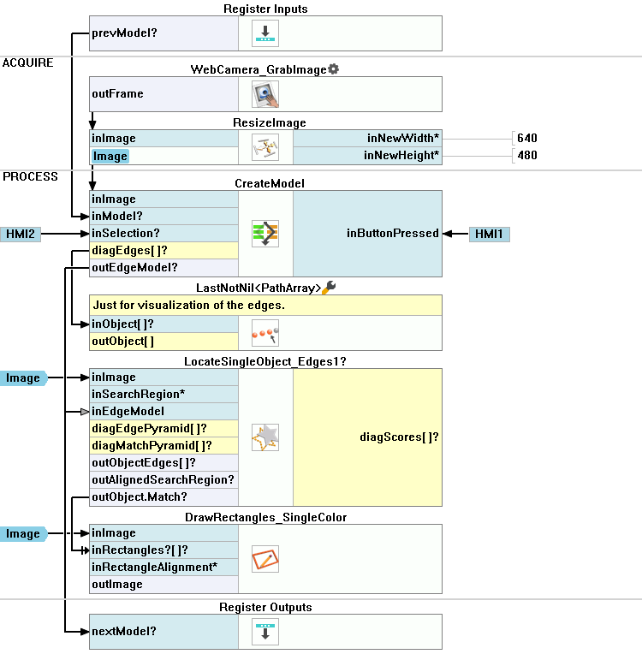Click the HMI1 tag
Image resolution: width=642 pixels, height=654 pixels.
pos(490,234)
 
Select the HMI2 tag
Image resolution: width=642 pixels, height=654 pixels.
pos(20,234)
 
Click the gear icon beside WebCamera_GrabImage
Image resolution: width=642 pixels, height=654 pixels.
pos(334,68)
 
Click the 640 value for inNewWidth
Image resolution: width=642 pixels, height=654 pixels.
pos(527,138)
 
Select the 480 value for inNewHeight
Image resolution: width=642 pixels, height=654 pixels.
pos(527,155)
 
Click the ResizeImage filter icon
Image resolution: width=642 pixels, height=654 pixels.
pos(265,146)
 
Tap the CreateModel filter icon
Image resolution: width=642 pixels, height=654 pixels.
pos(265,234)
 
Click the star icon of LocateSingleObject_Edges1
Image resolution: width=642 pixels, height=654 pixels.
pos(265,437)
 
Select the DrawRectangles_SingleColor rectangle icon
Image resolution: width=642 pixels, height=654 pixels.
pos(265,559)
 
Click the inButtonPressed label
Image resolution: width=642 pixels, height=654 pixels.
pos(393,234)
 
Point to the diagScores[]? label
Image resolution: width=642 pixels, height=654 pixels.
pos(399,437)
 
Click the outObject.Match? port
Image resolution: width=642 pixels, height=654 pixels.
pos(140,497)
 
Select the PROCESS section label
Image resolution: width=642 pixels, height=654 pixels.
pos(30,177)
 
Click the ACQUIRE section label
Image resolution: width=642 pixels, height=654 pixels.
pos(27,63)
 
